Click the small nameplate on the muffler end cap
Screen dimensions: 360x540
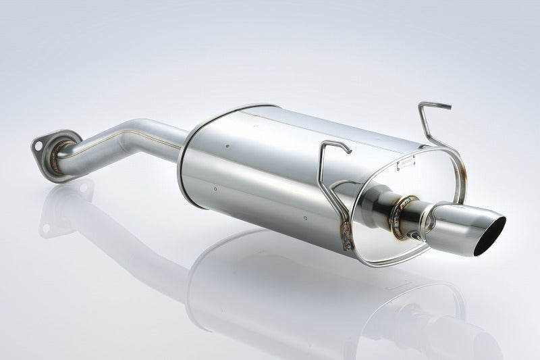(408, 161)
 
